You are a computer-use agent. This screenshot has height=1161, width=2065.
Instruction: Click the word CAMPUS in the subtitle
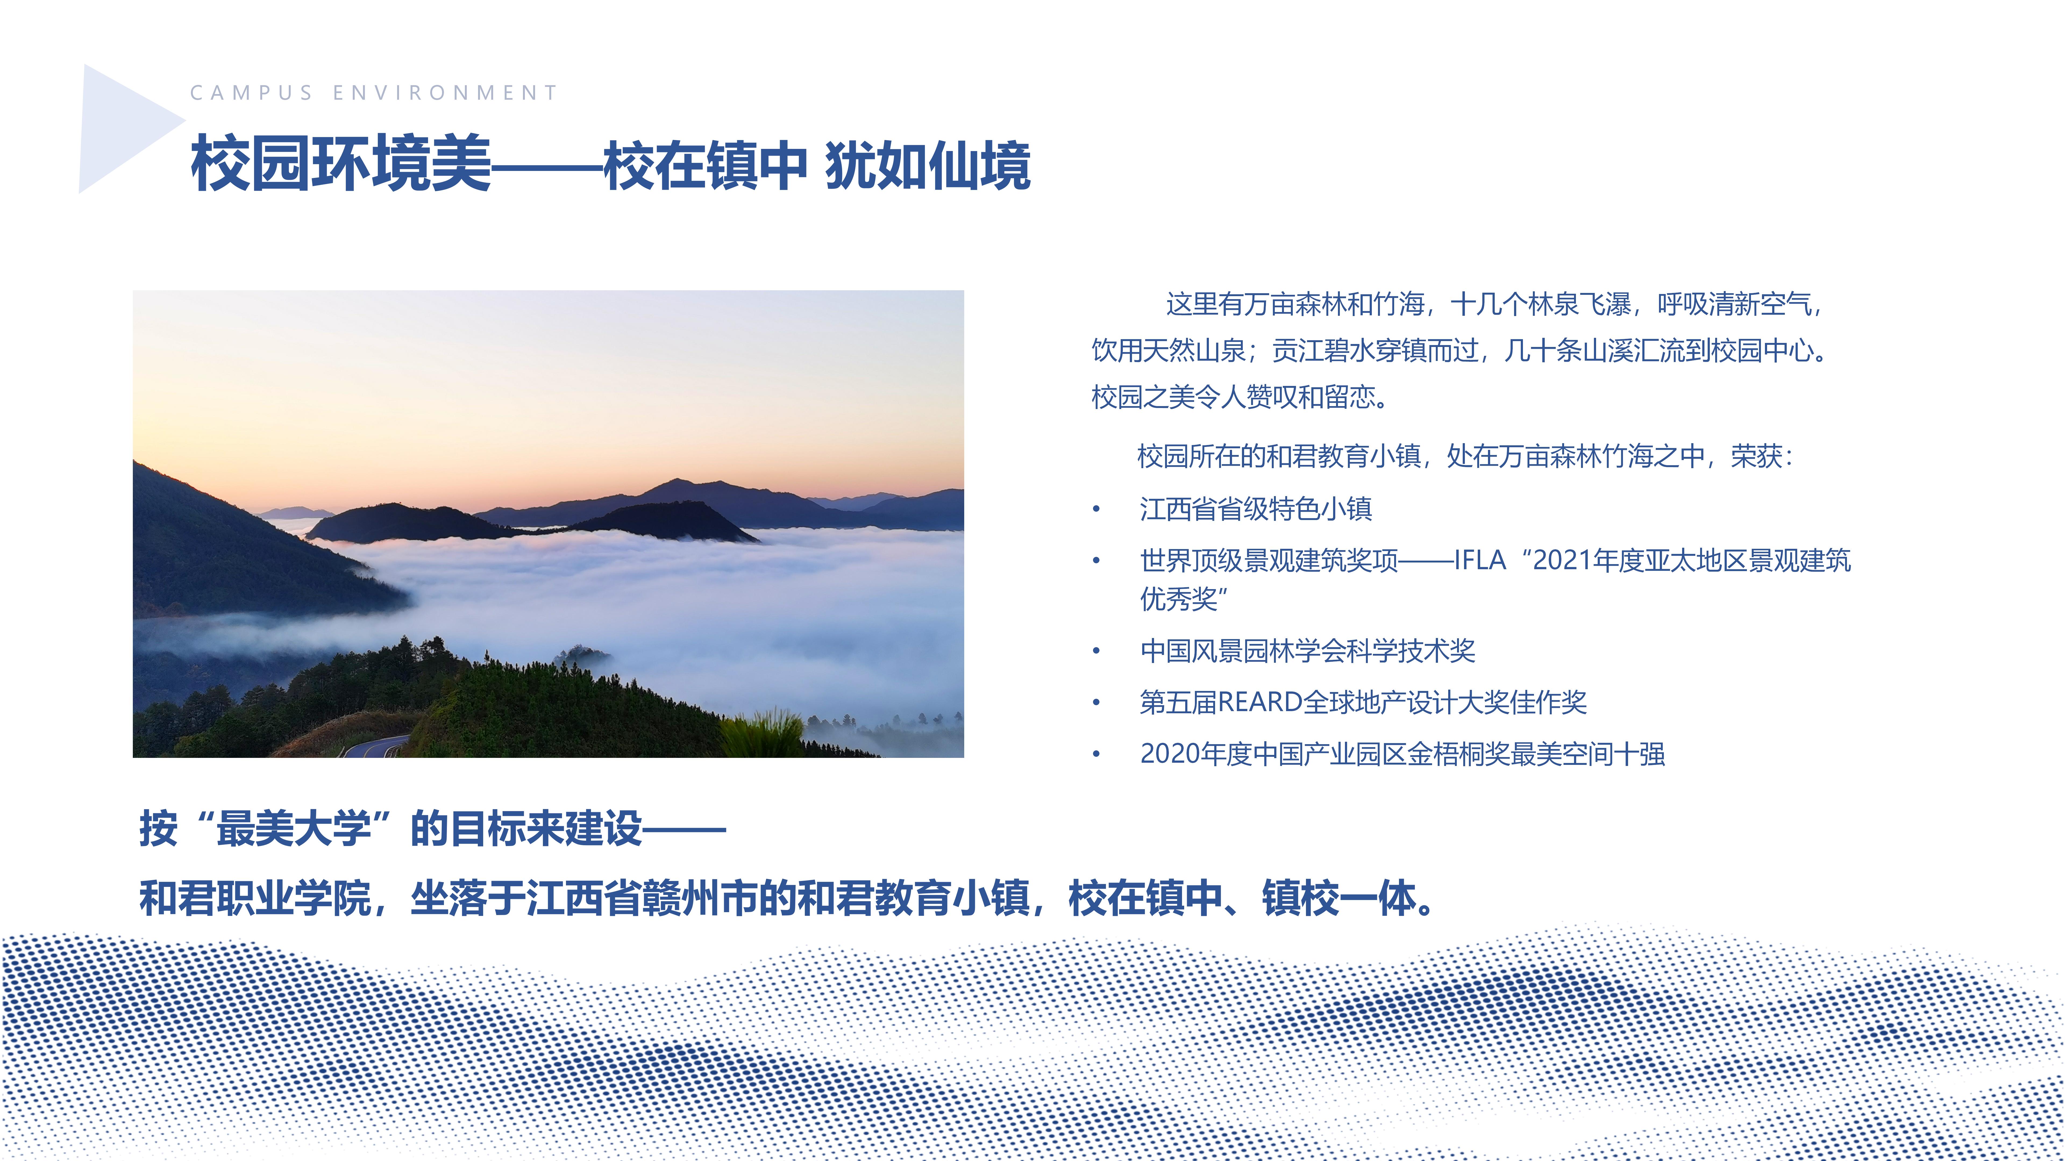pos(251,93)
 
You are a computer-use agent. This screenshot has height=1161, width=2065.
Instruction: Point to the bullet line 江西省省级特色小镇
pos(1255,509)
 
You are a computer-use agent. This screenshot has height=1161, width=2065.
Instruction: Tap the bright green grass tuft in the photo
pos(761,733)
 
